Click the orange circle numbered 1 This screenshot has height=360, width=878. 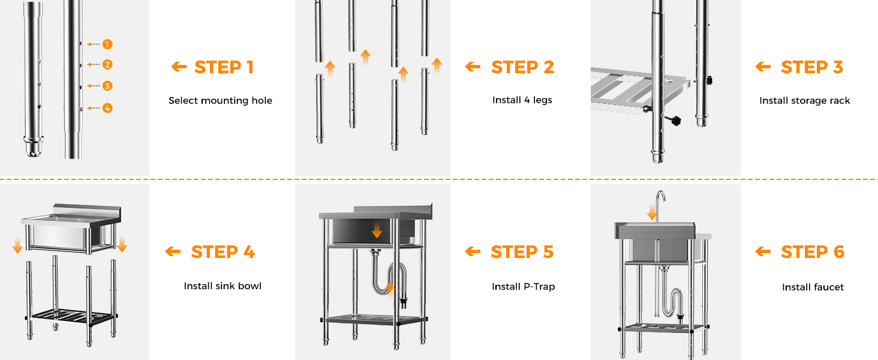click(x=107, y=44)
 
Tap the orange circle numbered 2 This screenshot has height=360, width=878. click(x=107, y=64)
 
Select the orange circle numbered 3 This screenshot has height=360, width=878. click(x=107, y=86)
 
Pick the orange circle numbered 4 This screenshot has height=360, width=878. click(x=107, y=108)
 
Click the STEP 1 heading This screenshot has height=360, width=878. click(x=224, y=67)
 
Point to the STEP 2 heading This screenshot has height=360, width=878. click(x=522, y=67)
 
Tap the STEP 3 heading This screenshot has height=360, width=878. click(x=812, y=67)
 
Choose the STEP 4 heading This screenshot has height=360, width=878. click(x=222, y=252)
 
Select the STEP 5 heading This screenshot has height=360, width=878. click(x=522, y=252)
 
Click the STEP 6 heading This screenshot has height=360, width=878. click(x=813, y=252)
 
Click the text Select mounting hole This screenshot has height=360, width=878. click(x=220, y=101)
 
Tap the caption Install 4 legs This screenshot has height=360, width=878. click(x=522, y=100)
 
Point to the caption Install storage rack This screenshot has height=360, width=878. click(x=805, y=101)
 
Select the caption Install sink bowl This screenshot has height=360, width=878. click(x=222, y=286)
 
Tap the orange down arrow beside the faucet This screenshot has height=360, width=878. click(x=653, y=212)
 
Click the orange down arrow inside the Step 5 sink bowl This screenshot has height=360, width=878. click(x=377, y=230)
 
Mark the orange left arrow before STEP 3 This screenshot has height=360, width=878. click(x=763, y=67)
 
